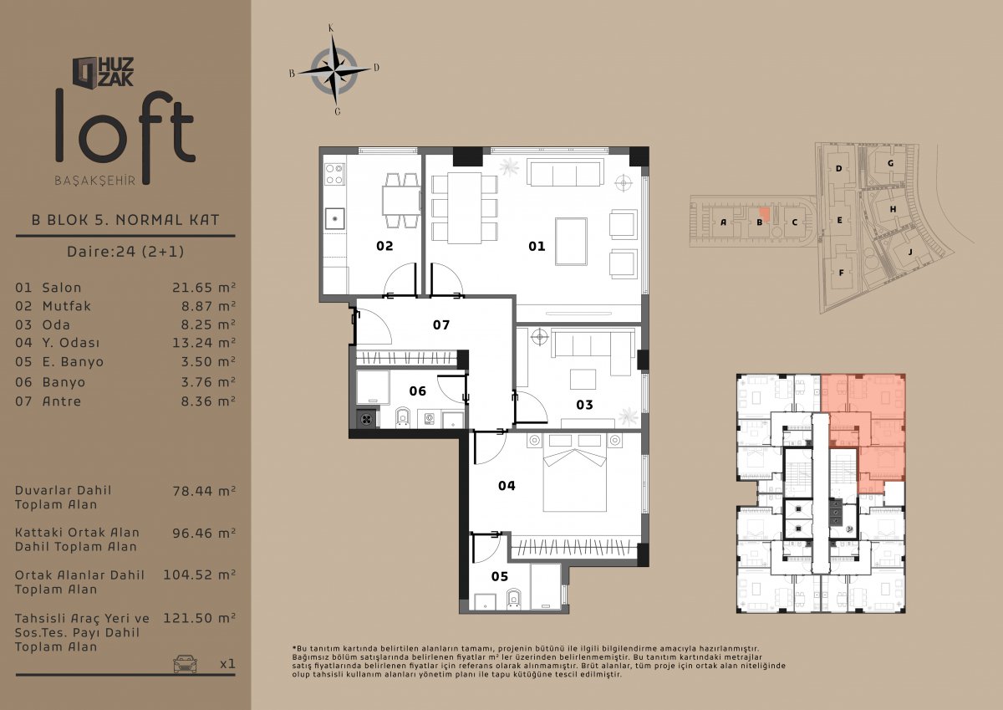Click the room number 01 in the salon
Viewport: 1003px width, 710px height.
pos(537,246)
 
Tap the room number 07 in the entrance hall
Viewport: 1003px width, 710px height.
pos(441,324)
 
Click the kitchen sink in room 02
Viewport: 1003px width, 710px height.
pos(335,218)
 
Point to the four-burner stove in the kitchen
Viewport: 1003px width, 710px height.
pos(334,174)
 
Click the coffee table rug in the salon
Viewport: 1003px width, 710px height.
pos(571,243)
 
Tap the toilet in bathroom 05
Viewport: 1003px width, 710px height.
pos(513,600)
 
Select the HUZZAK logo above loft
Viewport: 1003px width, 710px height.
pos(103,72)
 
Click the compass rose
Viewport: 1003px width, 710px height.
pos(334,70)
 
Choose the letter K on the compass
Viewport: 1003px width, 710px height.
pos(331,28)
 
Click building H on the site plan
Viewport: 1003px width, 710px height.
pos(893,209)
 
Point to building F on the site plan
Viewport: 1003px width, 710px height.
pos(841,273)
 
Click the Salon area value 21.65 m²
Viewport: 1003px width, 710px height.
pos(204,288)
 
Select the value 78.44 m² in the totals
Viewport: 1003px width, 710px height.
pos(204,491)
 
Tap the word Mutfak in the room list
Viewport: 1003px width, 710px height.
pos(67,306)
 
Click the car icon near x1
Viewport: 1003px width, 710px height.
pos(185,664)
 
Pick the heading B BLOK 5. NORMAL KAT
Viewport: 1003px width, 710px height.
pos(125,220)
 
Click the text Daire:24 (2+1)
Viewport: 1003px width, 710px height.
pos(125,251)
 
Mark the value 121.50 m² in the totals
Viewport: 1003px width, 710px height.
pos(199,619)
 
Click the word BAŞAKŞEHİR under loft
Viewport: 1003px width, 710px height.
pos(95,181)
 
